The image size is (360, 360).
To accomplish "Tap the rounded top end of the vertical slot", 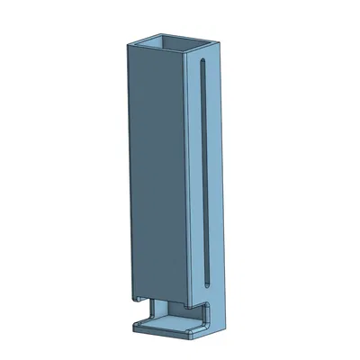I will pyautogui.click(x=205, y=66).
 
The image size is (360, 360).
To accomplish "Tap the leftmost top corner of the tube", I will pyautogui.click(x=128, y=42).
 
